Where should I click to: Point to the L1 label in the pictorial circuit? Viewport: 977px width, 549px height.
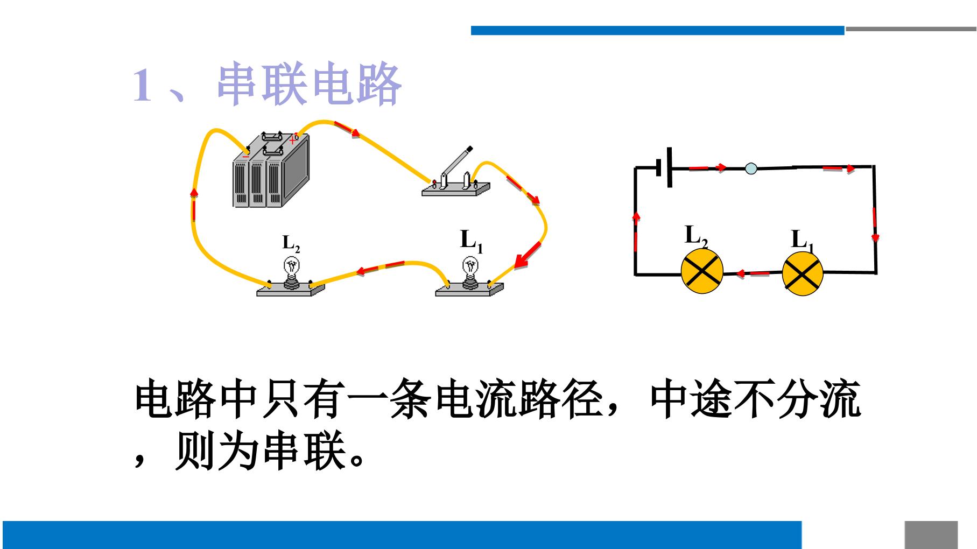click(472, 241)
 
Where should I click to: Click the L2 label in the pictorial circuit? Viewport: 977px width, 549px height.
click(291, 244)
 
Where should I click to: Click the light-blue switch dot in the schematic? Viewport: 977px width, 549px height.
click(751, 169)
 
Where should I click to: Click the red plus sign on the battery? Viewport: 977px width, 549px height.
click(292, 140)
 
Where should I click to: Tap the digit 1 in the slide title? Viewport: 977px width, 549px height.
click(143, 85)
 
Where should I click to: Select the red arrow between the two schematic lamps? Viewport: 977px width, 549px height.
click(753, 273)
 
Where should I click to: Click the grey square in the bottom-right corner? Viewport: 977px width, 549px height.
click(931, 535)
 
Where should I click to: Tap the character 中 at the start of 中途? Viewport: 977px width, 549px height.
click(670, 400)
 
